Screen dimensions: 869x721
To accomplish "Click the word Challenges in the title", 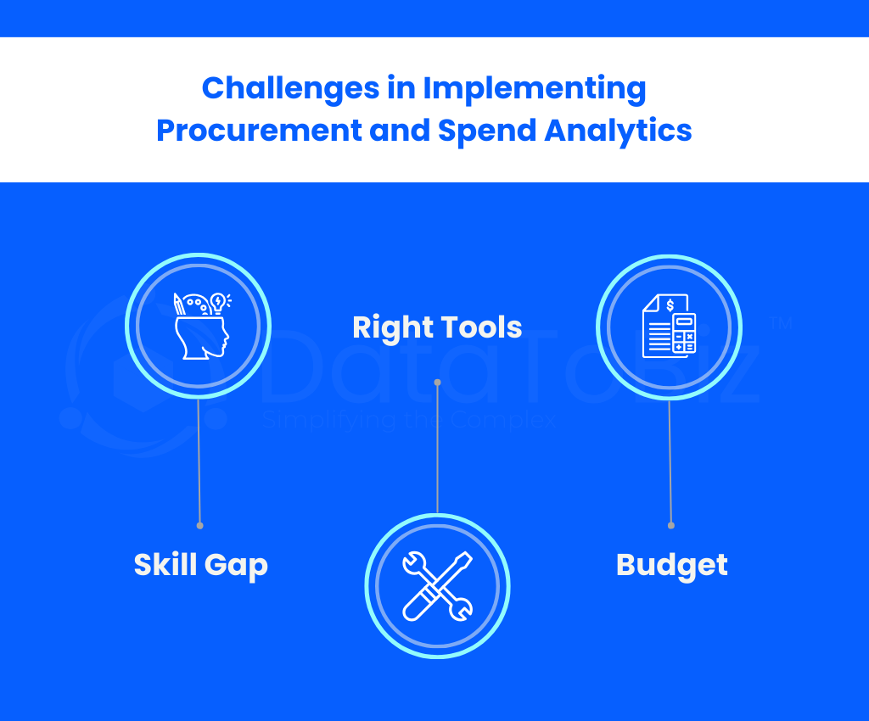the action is (290, 88).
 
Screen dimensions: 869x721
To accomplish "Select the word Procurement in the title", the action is (259, 131).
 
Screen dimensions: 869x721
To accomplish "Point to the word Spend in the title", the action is (487, 131).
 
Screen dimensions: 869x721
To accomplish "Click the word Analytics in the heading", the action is (618, 131).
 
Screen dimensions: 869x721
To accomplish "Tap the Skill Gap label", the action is (200, 566).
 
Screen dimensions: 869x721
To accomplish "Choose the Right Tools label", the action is (437, 327).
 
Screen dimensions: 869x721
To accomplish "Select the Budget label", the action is (672, 566).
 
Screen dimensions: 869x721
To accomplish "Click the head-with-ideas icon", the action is (202, 326).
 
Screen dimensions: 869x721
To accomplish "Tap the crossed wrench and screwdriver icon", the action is (437, 586).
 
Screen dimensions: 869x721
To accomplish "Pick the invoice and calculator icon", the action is (669, 326).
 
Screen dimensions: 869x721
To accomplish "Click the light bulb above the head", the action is (218, 302).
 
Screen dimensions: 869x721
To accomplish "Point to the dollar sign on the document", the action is (670, 305).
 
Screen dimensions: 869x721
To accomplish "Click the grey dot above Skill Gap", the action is (200, 526).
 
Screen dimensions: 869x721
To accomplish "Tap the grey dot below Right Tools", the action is (437, 383).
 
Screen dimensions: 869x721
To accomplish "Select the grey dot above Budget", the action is (671, 526).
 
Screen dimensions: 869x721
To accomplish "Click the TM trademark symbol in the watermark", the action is (782, 323).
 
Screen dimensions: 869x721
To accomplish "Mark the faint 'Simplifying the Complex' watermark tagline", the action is (409, 421).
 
